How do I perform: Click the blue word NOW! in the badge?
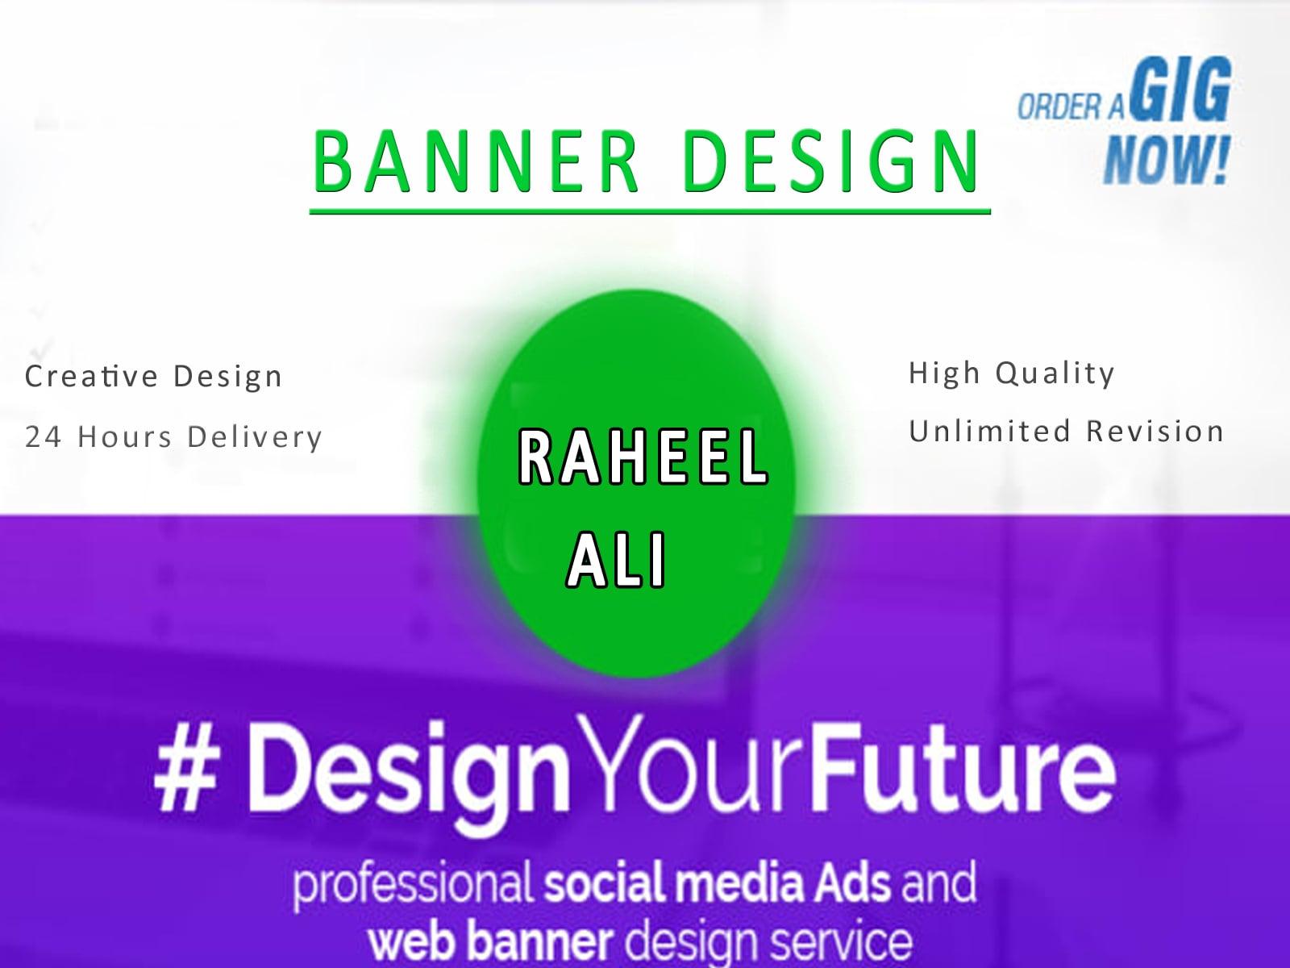(1166, 158)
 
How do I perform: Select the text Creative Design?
(154, 376)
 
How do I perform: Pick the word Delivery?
(255, 436)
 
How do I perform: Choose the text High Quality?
(1012, 373)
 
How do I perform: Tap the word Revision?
(1155, 431)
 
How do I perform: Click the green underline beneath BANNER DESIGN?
(650, 211)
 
